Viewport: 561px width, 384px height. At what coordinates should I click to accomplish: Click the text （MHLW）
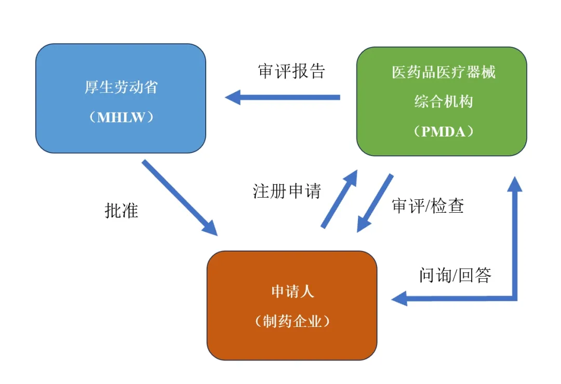pyautogui.click(x=121, y=117)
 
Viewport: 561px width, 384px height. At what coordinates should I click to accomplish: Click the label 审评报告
pyautogui.click(x=291, y=71)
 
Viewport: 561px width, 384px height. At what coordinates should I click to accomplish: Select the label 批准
pyautogui.click(x=122, y=211)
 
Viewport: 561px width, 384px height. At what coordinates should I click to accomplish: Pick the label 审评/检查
pyautogui.click(x=428, y=206)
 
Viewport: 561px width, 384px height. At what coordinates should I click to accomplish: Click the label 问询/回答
pyautogui.click(x=455, y=275)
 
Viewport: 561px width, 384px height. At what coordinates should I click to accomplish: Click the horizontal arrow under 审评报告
pyautogui.click(x=283, y=97)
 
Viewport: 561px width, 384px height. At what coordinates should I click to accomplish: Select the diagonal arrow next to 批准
pyautogui.click(x=179, y=197)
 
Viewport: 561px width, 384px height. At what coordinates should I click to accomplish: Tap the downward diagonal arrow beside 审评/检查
pyautogui.click(x=375, y=203)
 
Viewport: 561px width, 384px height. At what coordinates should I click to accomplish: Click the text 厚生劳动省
pyautogui.click(x=121, y=87)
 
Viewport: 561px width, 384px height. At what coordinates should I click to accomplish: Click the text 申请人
pyautogui.click(x=292, y=291)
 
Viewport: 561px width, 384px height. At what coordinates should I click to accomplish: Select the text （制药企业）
pyautogui.click(x=292, y=321)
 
